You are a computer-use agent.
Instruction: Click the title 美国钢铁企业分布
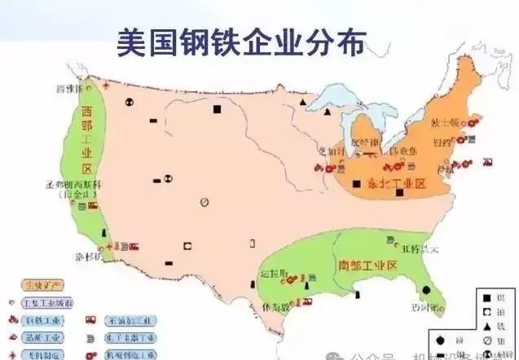coord(241,42)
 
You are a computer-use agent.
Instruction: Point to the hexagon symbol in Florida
coord(426,291)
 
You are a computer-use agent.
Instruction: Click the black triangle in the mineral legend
coord(486,324)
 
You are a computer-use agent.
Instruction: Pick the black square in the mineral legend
coord(486,298)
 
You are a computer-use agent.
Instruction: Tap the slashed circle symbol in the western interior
coord(205,203)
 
